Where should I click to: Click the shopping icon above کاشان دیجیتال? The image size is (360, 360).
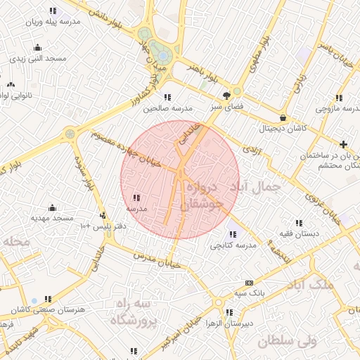[283, 117]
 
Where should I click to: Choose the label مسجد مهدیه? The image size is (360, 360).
[52, 219]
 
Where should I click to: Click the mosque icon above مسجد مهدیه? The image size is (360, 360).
[52, 208]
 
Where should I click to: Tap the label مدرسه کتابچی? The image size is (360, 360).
[232, 245]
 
